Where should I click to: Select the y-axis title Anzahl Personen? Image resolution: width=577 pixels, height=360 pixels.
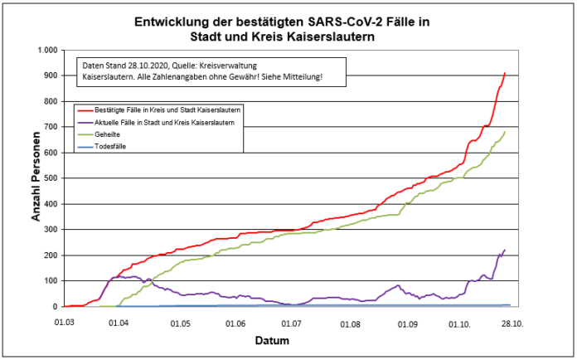pyautogui.click(x=36, y=178)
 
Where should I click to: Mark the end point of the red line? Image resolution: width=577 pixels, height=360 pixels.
pyautogui.click(x=505, y=73)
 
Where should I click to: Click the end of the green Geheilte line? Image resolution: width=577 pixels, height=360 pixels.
pyautogui.click(x=505, y=131)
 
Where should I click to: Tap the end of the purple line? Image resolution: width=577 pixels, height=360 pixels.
pyautogui.click(x=505, y=250)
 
